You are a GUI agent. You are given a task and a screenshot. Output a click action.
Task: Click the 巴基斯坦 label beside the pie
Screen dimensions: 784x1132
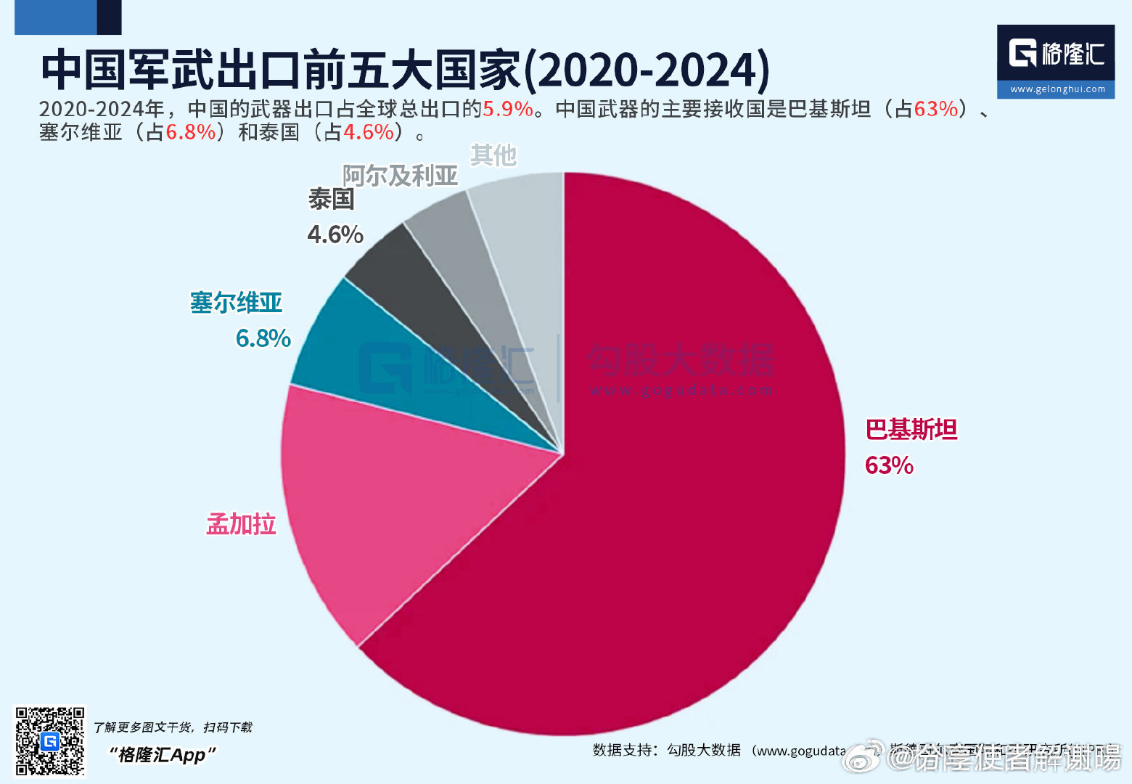[x=911, y=430]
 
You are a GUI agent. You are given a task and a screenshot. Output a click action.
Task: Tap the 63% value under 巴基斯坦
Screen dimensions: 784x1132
[x=889, y=465]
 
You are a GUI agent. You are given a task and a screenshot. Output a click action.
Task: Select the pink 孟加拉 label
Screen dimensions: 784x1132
[x=241, y=523]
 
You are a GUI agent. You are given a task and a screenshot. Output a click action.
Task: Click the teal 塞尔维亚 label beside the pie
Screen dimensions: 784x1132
[x=236, y=303]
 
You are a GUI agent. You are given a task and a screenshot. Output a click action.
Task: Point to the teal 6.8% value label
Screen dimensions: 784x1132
[x=263, y=338]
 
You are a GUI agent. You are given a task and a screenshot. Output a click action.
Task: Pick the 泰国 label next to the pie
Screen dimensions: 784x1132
[x=331, y=199]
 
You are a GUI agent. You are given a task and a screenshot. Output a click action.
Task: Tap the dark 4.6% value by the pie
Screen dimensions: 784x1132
[x=335, y=234]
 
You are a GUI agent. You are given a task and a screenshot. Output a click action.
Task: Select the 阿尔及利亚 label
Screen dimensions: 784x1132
[x=400, y=176]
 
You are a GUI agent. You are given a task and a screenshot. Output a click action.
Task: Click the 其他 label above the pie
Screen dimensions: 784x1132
[x=493, y=155]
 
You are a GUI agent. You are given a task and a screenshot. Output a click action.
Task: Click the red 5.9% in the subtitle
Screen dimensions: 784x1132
[x=508, y=109]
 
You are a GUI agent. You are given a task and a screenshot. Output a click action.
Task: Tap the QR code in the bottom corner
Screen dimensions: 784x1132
[x=50, y=741]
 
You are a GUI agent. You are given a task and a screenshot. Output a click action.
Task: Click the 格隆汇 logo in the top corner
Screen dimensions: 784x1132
[x=1056, y=53]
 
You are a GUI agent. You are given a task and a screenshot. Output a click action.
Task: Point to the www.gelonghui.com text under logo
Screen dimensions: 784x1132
[x=1057, y=89]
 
